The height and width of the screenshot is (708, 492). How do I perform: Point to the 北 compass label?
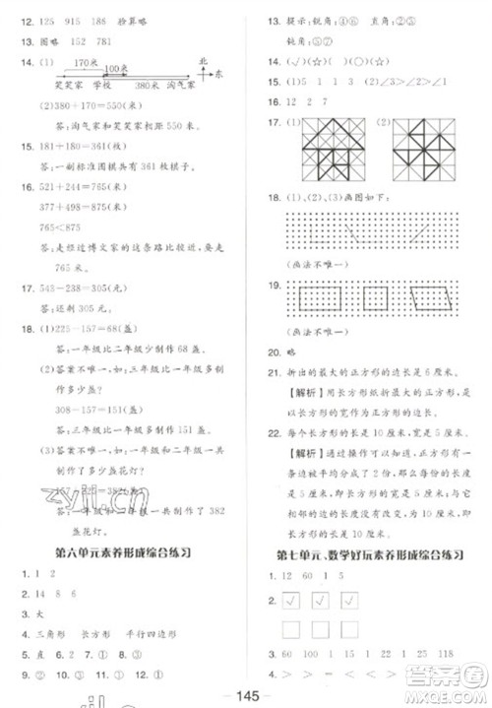click(x=202, y=60)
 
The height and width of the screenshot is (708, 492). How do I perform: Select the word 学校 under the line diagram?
click(x=92, y=85)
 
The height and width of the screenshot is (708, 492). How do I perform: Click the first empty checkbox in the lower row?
click(x=293, y=628)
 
